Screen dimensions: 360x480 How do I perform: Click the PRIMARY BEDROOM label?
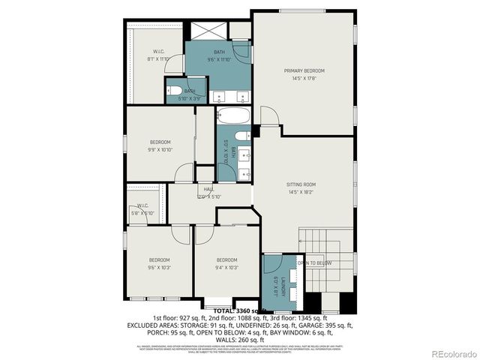[x=304, y=70]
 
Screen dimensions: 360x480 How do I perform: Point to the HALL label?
[x=208, y=189]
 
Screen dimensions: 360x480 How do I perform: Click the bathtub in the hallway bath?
[x=233, y=117]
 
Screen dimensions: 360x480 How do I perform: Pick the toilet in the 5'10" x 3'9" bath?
[x=172, y=91]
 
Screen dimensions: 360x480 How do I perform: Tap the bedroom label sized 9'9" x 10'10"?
[x=159, y=142]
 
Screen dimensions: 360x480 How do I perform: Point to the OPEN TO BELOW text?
[x=316, y=263]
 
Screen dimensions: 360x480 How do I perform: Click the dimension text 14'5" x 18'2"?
[x=301, y=192]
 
